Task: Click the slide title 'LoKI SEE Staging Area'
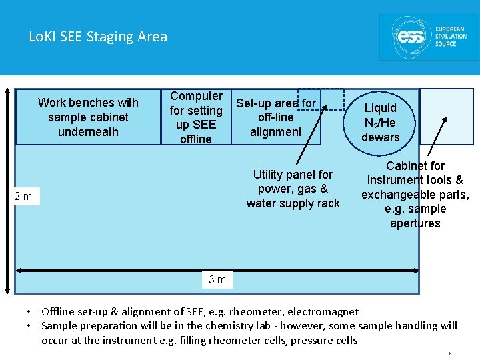[98, 37]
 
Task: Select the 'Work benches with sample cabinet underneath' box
[88, 117]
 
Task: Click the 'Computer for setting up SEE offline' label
[195, 117]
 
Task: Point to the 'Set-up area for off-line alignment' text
[276, 117]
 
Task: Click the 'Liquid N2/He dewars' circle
[380, 122]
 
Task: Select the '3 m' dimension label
[217, 280]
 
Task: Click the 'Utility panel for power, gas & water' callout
[293, 189]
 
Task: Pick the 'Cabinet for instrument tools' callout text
[415, 194]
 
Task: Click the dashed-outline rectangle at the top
[321, 99]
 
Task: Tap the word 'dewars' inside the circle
[380, 137]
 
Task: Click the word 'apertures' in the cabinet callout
[415, 223]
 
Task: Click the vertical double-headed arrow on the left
[7, 190]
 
